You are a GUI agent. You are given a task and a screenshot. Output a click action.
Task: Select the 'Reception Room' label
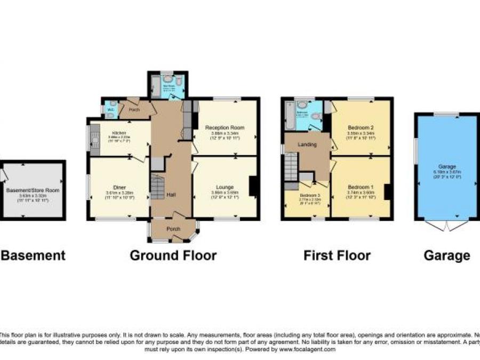tap(225, 127)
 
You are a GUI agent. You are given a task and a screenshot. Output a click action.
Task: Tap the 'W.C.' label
tap(110, 110)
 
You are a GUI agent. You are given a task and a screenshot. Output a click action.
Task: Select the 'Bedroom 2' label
tap(361, 127)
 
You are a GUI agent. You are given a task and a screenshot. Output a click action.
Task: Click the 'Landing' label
tap(307, 145)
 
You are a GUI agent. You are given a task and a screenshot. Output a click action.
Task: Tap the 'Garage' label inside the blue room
tap(447, 166)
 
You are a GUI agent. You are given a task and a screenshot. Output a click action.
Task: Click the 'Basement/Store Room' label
tap(33, 189)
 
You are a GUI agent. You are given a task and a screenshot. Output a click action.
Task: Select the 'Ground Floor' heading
tap(173, 255)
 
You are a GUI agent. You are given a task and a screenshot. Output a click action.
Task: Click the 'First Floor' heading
tap(337, 255)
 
